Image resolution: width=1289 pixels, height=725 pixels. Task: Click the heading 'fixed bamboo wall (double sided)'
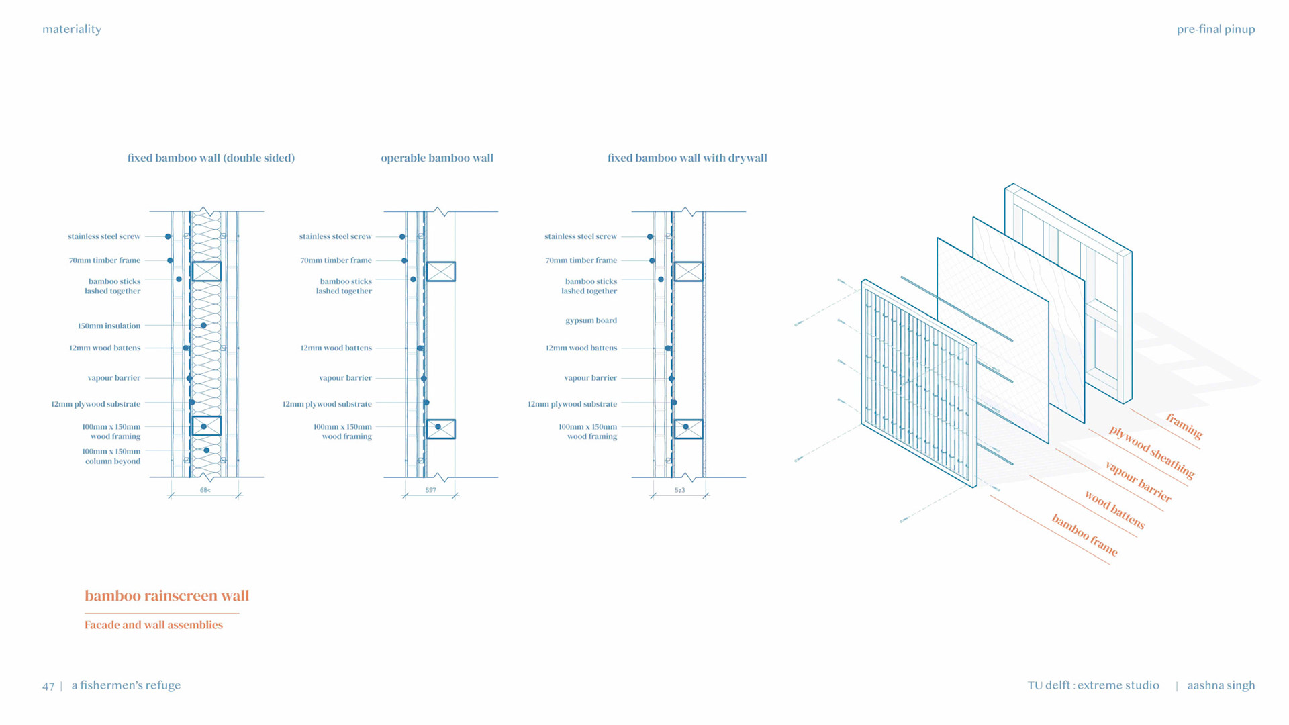tap(211, 158)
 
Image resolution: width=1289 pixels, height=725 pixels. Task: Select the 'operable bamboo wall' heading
tap(437, 158)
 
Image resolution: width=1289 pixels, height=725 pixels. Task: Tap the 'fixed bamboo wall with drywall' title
tap(687, 158)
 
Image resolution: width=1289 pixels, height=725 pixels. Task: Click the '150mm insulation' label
tap(109, 326)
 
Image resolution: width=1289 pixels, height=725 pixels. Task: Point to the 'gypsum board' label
tap(591, 321)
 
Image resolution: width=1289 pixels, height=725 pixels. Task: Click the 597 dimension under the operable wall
tap(430, 491)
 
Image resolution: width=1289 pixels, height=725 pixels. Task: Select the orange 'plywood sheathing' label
tap(1151, 452)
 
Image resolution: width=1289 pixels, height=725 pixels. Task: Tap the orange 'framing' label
tap(1184, 426)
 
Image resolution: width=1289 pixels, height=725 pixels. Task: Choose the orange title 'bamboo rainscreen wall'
tap(166, 596)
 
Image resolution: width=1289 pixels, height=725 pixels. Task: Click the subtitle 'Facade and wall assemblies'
tap(153, 625)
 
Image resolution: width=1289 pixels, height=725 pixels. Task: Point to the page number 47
tap(48, 686)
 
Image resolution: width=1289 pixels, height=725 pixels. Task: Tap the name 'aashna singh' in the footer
tap(1221, 685)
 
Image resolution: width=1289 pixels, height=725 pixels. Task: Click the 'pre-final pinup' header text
tap(1215, 29)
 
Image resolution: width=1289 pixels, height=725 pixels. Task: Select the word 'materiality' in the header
tap(72, 29)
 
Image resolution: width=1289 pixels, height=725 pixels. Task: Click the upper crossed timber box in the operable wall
tap(440, 271)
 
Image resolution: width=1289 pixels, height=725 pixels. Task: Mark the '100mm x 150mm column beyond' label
tap(111, 456)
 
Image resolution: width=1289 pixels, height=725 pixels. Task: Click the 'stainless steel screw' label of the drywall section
tap(580, 237)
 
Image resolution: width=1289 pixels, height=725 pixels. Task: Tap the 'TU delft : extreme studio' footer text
tap(1093, 685)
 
